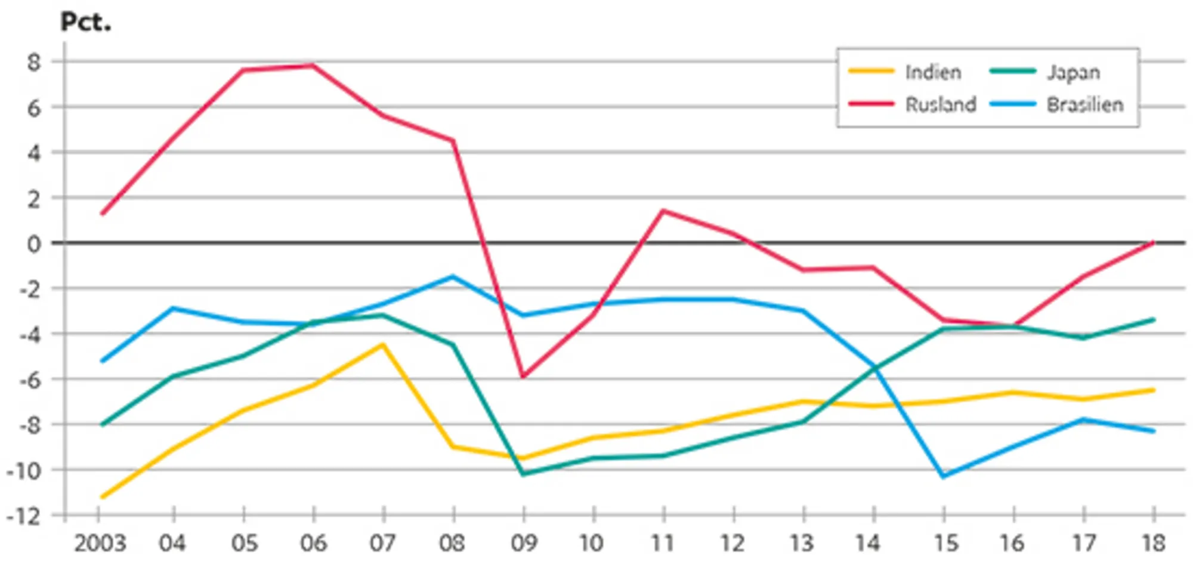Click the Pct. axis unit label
point(86,23)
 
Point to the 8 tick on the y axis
point(34,61)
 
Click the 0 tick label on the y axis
point(34,243)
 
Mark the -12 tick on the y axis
point(24,516)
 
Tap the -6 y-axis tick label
point(29,380)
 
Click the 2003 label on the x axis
point(100,544)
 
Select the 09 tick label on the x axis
point(523,544)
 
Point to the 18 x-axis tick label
point(1153,544)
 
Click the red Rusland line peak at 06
point(313,65)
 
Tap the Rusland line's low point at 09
point(523,377)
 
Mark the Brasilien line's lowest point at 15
point(943,476)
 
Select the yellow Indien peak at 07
point(383,344)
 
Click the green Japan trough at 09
point(523,474)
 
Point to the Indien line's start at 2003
point(102,496)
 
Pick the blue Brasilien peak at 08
point(453,276)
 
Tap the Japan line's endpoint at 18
point(1153,320)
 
